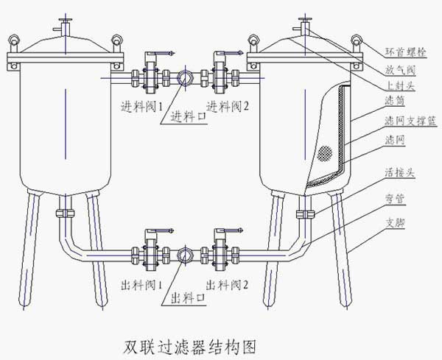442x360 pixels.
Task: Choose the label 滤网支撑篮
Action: pyautogui.click(x=406, y=121)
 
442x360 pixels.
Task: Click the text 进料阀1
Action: pyautogui.click(x=142, y=105)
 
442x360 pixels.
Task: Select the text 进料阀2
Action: pyautogui.click(x=228, y=105)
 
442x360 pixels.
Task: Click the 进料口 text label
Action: pyautogui.click(x=189, y=116)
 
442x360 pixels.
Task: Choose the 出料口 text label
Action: pyautogui.click(x=189, y=297)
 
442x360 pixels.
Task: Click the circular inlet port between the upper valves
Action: pyautogui.click(x=183, y=77)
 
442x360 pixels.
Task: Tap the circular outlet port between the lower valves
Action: pyautogui.click(x=183, y=255)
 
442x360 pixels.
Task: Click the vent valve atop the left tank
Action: pyautogui.click(x=66, y=24)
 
